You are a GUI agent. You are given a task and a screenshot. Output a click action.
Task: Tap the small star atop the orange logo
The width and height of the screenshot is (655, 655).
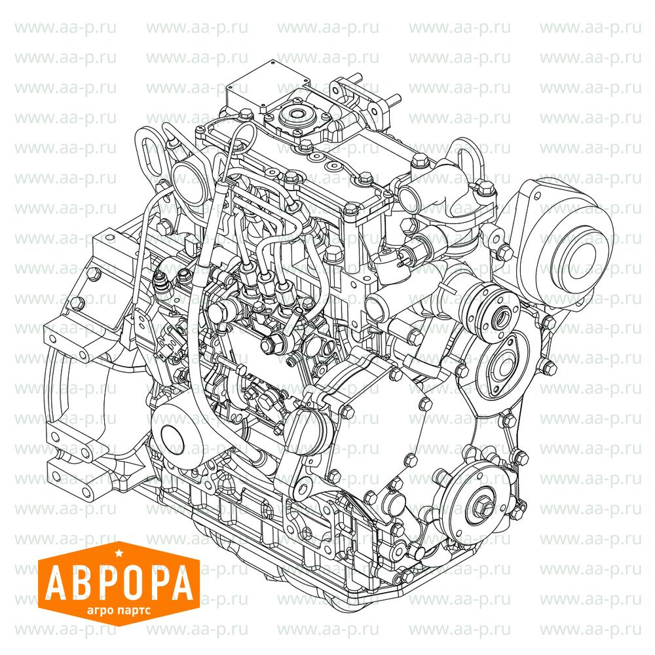[x=118, y=553]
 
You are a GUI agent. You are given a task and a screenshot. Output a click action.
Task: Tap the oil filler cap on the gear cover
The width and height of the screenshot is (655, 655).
[x=305, y=430]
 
